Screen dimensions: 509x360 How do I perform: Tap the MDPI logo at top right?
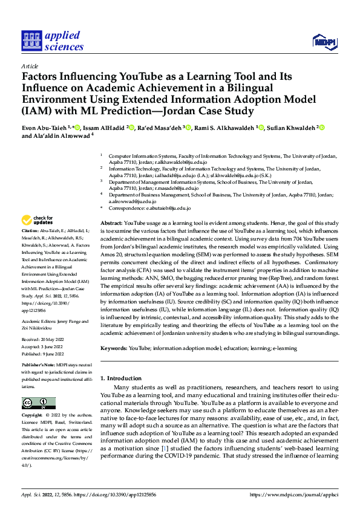pyautogui.click(x=324, y=41)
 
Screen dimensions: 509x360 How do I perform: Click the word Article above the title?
pyautogui.click(x=30, y=66)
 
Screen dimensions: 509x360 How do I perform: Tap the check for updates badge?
pyautogui.click(x=38, y=220)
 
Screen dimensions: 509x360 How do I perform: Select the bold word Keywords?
pyautogui.click(x=114, y=348)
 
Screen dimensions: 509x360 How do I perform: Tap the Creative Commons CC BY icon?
pyautogui.click(x=38, y=403)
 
